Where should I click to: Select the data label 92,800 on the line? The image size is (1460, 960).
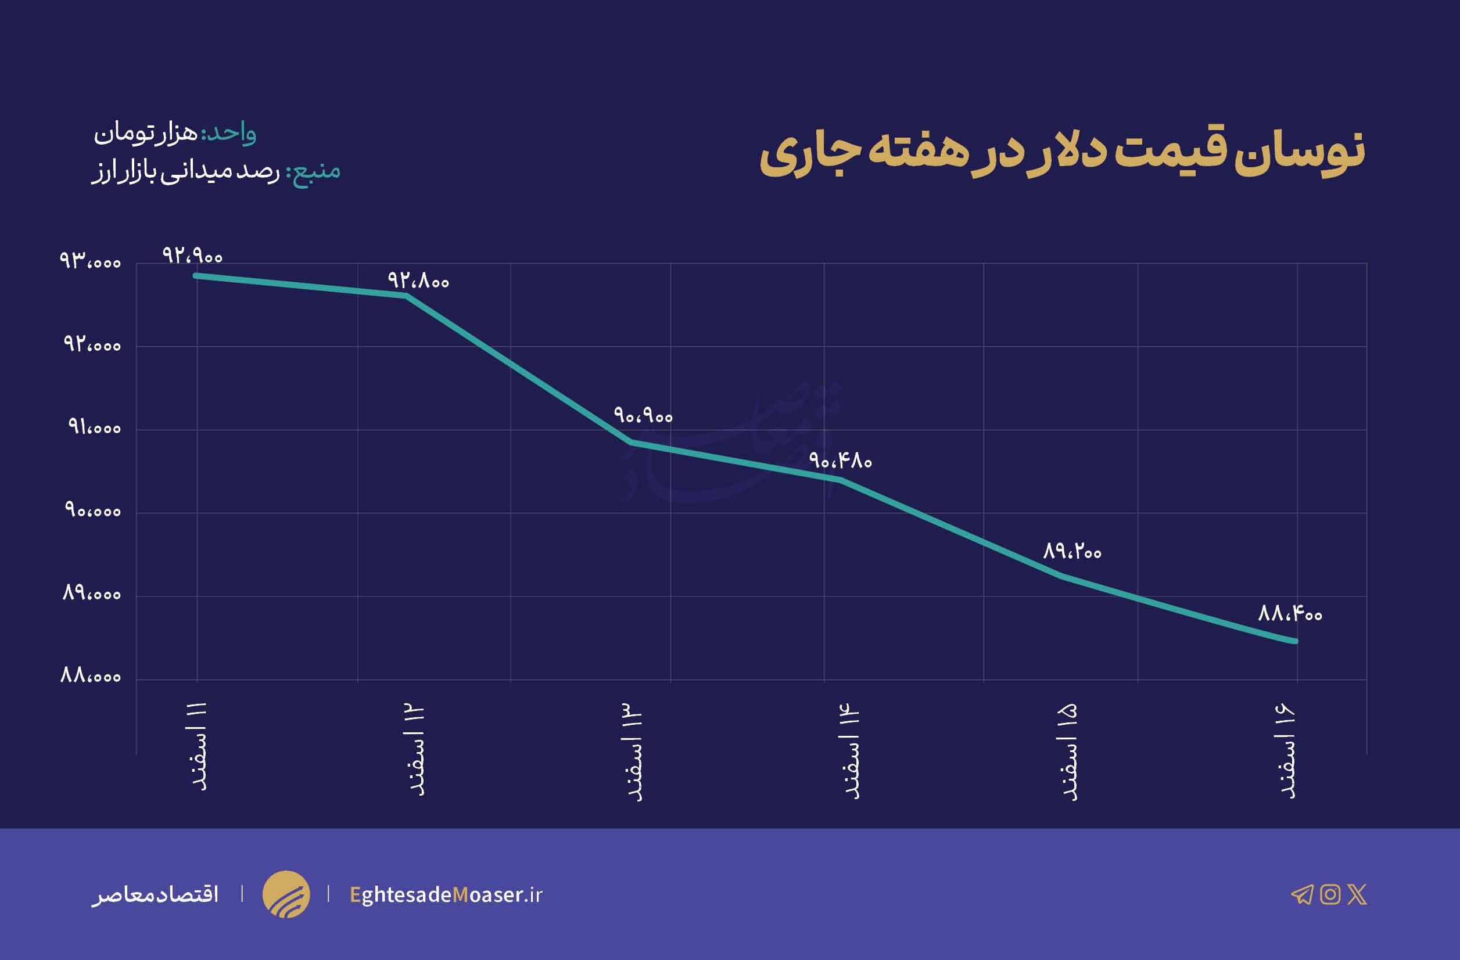[418, 281]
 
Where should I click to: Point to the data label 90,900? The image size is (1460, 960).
[643, 416]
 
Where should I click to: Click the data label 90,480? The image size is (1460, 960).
[840, 461]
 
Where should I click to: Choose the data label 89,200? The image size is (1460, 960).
[1072, 552]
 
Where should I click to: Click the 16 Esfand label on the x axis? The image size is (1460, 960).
[1286, 752]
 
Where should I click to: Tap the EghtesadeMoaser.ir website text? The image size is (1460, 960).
[446, 895]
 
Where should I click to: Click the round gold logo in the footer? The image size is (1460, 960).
[286, 894]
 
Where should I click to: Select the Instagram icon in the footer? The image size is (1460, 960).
[1330, 894]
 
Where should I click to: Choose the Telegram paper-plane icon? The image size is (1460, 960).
[1302, 894]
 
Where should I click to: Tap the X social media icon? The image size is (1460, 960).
[1357, 894]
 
